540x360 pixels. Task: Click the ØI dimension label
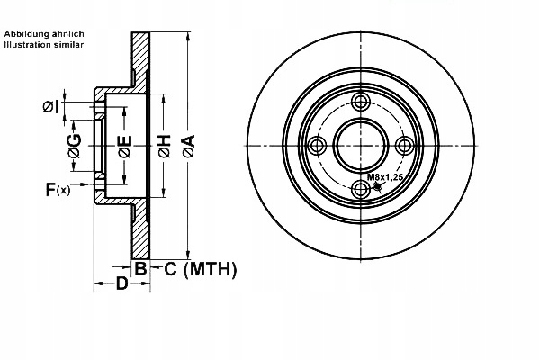53,108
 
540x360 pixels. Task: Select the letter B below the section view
140,267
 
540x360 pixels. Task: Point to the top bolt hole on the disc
361,101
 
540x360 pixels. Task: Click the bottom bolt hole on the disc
361,188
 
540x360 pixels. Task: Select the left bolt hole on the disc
317,145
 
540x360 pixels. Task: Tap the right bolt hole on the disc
404,145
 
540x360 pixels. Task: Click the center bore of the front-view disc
361,145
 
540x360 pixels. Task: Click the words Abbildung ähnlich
45,33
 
